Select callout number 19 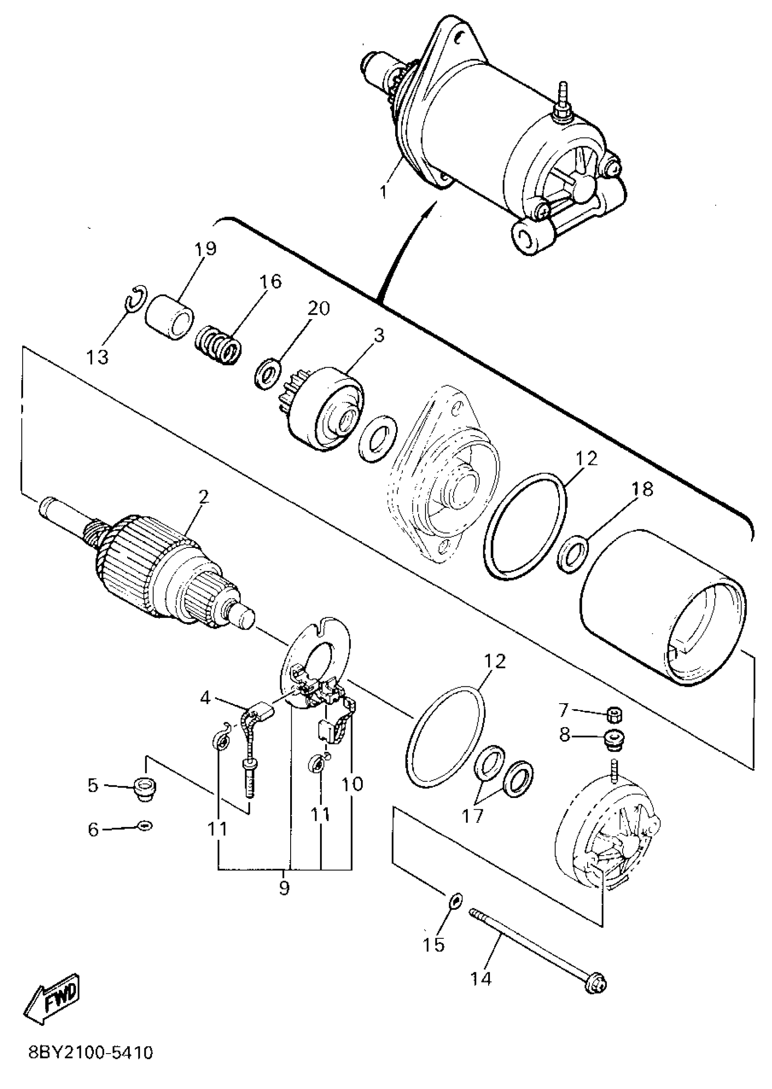coord(205,248)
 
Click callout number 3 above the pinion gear coord(378,335)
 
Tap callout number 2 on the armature coord(203,498)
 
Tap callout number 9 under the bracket coord(284,887)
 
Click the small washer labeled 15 coord(455,899)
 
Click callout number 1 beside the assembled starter coord(385,192)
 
